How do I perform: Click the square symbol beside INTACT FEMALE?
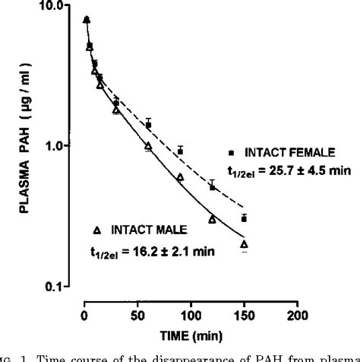pos(231,150)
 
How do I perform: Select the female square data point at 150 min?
pos(245,218)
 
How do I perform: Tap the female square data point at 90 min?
pos(180,151)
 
